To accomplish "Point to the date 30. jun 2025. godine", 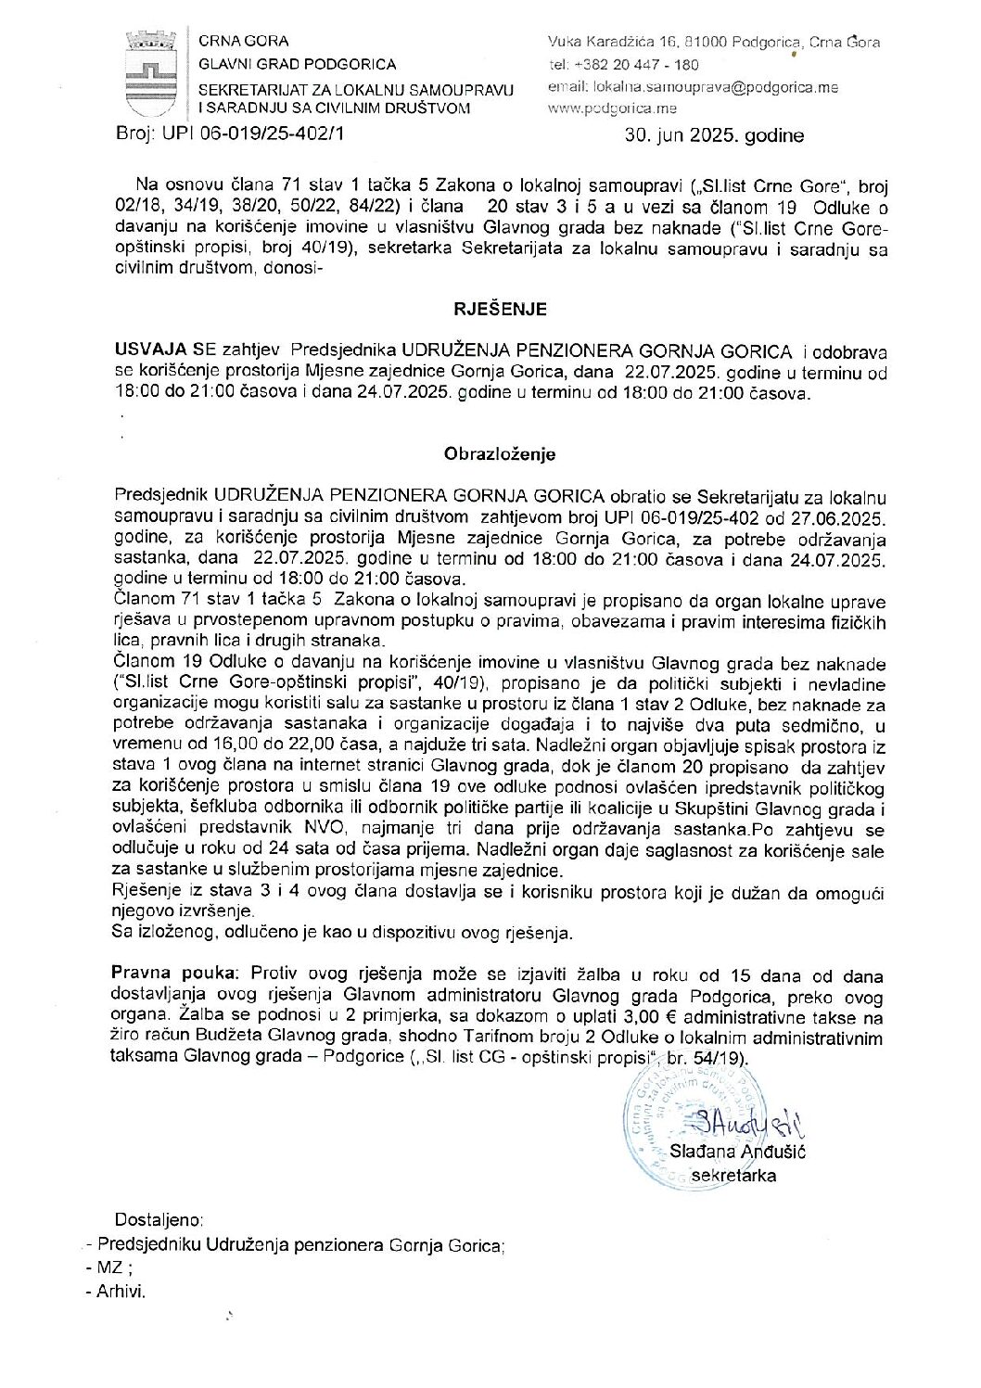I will click(x=714, y=135).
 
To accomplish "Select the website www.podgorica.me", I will click(x=612, y=108).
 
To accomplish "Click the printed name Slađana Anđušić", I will click(x=737, y=1152).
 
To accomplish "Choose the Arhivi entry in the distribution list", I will click(x=121, y=1291).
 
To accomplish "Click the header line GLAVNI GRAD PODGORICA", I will click(x=298, y=64).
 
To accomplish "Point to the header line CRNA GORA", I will click(x=244, y=41).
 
